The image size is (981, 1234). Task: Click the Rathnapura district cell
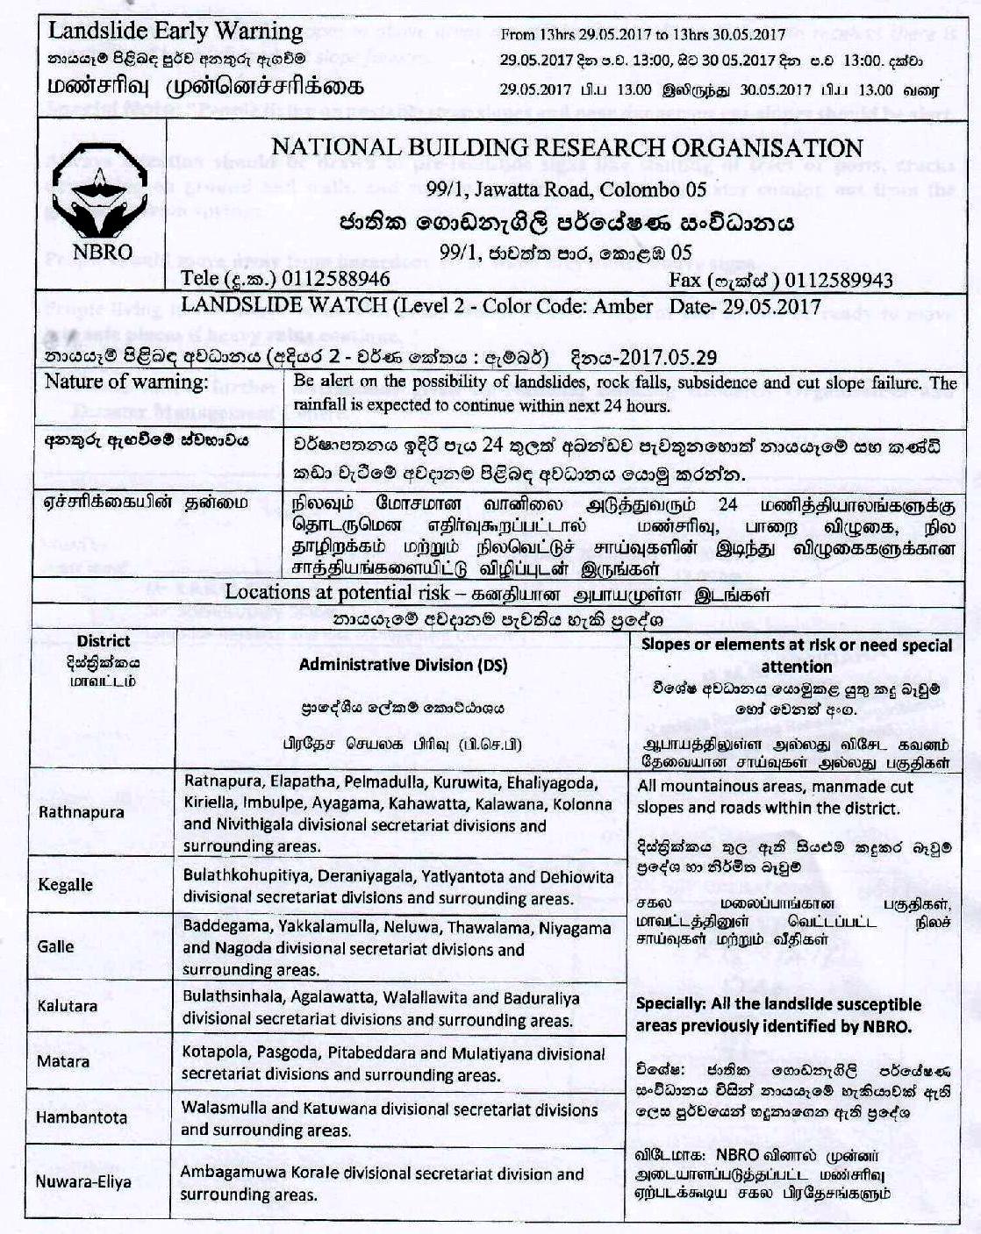tap(82, 812)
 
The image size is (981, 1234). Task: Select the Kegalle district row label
tap(65, 884)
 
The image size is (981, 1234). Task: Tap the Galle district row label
tap(56, 947)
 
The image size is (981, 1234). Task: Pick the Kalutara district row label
tap(68, 1006)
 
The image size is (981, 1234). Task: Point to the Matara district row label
tap(63, 1061)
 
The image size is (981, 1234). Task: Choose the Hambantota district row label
tap(82, 1117)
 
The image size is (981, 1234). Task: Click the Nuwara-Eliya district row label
tap(83, 1181)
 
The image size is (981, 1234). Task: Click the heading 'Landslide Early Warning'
tap(175, 31)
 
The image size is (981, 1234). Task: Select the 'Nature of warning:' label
tap(127, 382)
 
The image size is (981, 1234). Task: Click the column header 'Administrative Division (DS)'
tap(403, 665)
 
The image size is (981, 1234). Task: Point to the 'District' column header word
tap(104, 641)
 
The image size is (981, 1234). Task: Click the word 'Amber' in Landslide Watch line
tap(624, 306)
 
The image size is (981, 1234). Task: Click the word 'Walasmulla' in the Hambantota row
tap(220, 1109)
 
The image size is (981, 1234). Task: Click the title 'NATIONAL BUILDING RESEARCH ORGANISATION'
tap(567, 147)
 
